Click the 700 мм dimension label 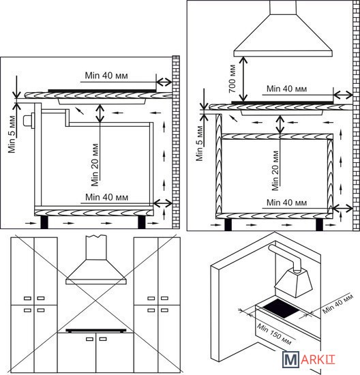(x=232, y=78)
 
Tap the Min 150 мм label (x=274, y=334)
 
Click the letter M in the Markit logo (x=290, y=359)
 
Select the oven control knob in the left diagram (x=28, y=121)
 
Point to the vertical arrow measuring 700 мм (x=243, y=78)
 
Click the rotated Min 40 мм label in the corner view (x=337, y=303)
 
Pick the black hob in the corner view (x=281, y=308)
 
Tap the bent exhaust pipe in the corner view (x=286, y=258)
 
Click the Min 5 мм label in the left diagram (x=12, y=134)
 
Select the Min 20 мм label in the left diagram (x=95, y=165)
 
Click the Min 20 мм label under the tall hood (x=275, y=170)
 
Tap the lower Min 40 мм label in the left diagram (x=106, y=198)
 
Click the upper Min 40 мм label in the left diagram (x=106, y=76)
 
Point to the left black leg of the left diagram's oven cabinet (x=44, y=222)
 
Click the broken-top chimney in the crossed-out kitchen (x=96, y=247)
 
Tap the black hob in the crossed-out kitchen (x=96, y=331)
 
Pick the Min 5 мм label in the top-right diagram (x=199, y=143)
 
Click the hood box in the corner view (x=293, y=283)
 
